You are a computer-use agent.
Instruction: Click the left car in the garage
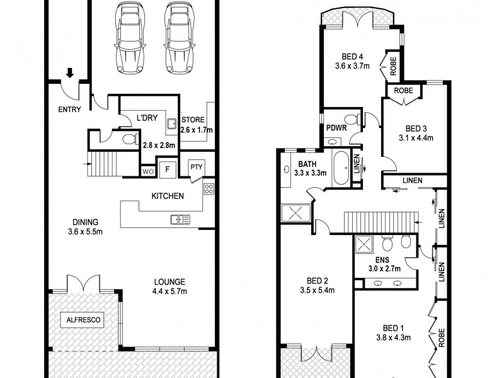click(x=129, y=39)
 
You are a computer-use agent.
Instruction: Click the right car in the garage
click(x=179, y=39)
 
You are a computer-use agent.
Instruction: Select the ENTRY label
click(x=69, y=110)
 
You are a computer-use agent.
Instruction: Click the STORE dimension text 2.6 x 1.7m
click(x=196, y=130)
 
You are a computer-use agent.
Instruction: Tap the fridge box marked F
click(x=167, y=169)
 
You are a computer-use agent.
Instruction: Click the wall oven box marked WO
click(x=147, y=170)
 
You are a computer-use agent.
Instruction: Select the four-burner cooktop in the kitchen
click(x=209, y=188)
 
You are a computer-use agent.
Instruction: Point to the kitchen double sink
click(x=180, y=219)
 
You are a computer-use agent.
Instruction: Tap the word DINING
click(x=84, y=222)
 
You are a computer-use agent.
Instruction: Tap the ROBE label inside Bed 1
click(x=443, y=336)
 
